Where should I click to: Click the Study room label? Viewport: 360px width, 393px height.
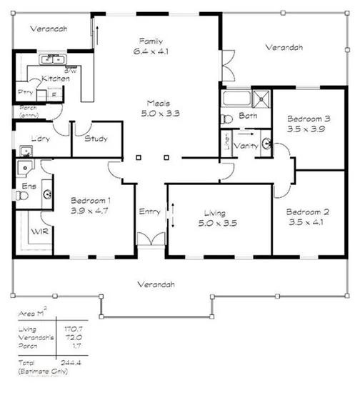96,139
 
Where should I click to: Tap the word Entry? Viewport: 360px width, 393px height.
149,211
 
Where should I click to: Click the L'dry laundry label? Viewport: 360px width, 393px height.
40,139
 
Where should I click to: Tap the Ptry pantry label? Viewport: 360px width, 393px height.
26,92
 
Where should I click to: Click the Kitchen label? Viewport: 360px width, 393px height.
55,78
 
